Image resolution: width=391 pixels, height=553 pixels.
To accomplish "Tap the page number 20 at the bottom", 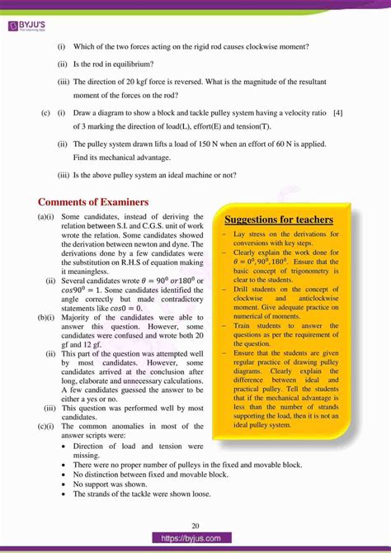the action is [195, 526].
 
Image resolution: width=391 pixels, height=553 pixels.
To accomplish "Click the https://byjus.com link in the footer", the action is [195, 538].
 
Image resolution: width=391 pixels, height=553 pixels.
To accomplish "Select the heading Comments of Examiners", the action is [93, 202].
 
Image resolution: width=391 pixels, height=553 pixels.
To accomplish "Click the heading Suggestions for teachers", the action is [279, 220].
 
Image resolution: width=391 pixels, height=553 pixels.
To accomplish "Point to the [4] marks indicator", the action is [338, 112].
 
